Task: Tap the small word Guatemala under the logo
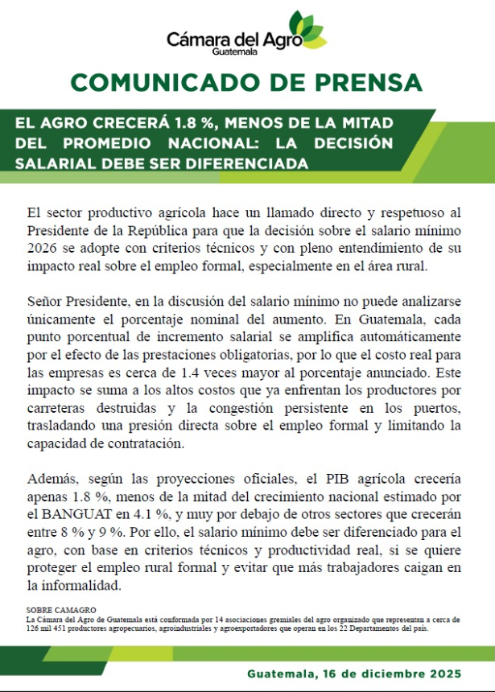(x=235, y=51)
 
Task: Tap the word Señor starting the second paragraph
(x=46, y=301)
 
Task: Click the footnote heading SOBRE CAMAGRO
(x=61, y=611)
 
